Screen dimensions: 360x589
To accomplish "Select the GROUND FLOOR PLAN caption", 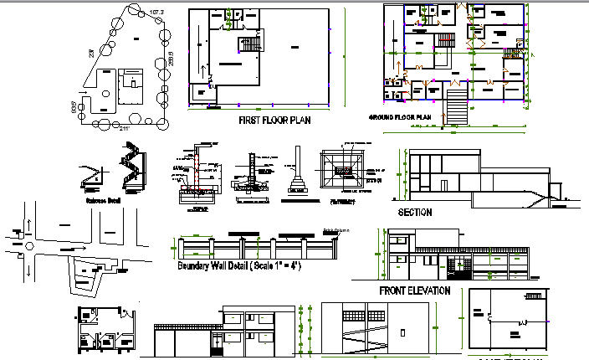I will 400,117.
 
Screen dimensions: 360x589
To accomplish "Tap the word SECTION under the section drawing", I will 415,213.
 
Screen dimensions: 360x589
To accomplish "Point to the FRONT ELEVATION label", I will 414,291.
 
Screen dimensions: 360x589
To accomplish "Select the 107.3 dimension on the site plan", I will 156,11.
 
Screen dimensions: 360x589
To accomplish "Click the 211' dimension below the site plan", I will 125,128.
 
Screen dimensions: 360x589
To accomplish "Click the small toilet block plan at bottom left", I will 103,331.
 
